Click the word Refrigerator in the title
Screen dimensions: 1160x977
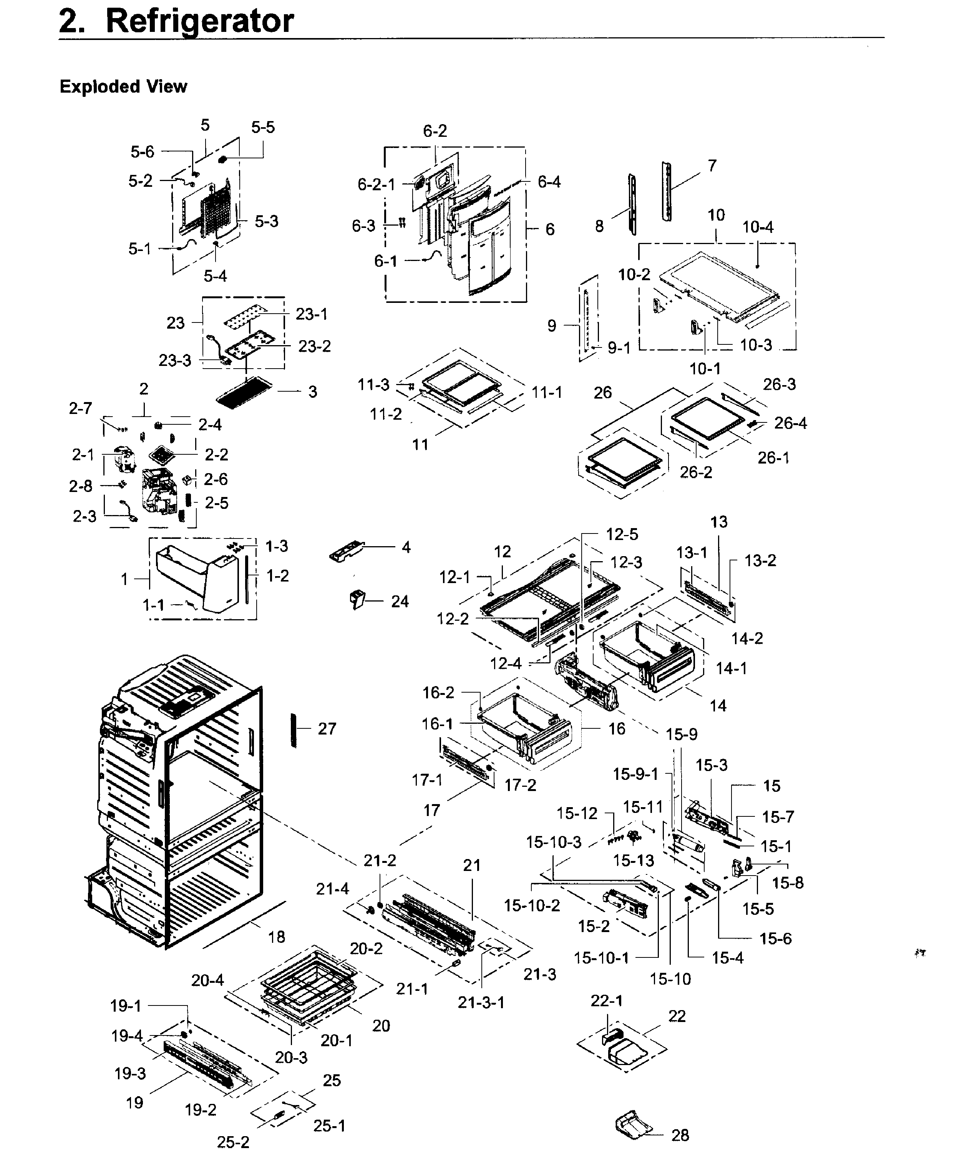199,22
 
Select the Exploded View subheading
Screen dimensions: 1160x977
123,86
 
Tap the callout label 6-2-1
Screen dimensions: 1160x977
376,184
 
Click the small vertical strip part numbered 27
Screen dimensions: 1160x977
294,730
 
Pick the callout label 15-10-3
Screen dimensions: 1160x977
553,842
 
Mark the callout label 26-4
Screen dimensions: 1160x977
790,423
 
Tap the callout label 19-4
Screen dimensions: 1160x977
127,1035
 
